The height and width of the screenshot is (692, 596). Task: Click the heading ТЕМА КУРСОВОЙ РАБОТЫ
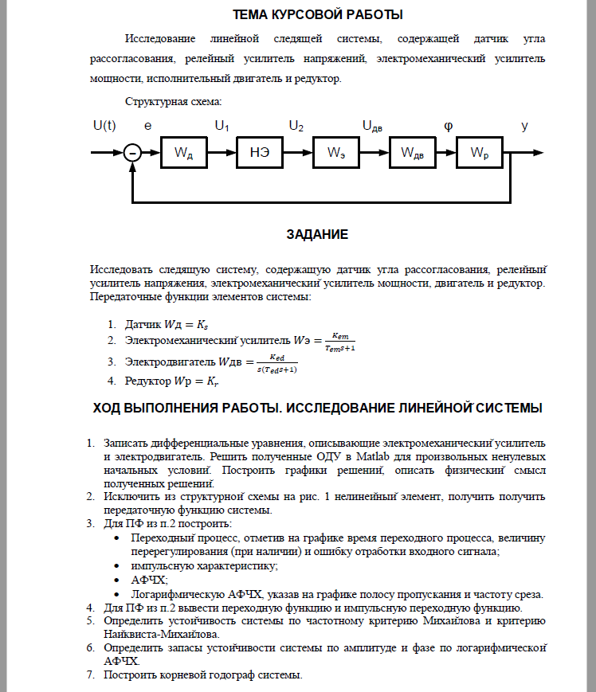tap(317, 14)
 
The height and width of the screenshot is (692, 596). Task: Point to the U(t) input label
tap(104, 126)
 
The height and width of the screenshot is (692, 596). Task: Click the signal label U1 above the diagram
tap(222, 126)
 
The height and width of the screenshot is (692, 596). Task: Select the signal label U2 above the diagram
tap(296, 126)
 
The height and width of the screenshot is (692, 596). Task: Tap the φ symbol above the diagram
tap(448, 126)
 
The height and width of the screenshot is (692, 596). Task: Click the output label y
tap(524, 126)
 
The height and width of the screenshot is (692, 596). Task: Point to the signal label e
tap(147, 126)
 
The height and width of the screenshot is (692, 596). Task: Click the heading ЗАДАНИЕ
tap(317, 235)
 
